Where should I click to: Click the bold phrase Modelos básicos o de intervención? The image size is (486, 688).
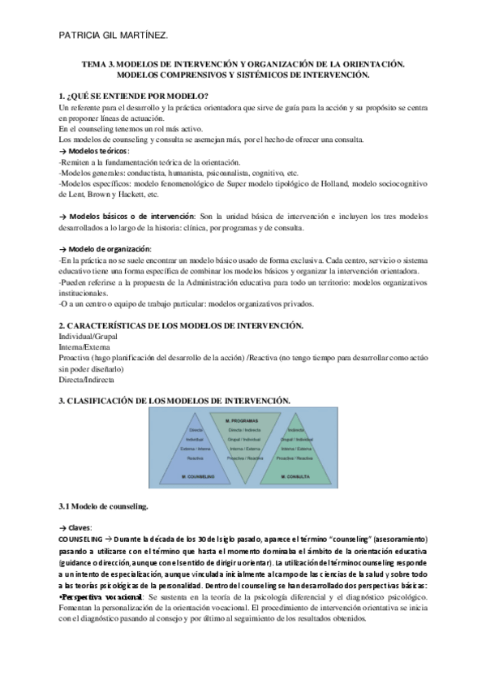(132, 217)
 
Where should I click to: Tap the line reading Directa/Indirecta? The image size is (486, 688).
(87, 379)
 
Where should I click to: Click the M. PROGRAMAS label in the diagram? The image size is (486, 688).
(242, 420)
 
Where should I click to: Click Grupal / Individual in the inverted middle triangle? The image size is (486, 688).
(242, 439)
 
